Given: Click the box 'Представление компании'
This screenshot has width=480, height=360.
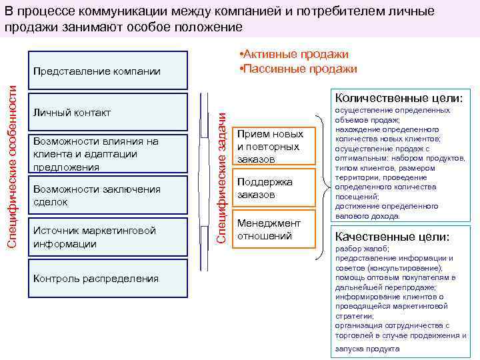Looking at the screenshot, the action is [107, 71].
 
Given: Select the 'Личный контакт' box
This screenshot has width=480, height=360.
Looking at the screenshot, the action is [107, 112].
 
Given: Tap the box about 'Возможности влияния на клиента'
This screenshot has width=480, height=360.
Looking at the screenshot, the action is [107, 154].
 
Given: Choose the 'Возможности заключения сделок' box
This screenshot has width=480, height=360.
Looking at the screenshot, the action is [107, 195].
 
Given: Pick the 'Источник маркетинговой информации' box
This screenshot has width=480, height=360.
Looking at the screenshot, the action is [107, 237].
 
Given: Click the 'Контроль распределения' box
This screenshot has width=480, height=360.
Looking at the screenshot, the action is [107, 279].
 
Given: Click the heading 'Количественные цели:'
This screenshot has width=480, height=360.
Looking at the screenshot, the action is [398, 98].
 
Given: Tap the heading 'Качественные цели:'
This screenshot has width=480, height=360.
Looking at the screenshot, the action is [392, 237].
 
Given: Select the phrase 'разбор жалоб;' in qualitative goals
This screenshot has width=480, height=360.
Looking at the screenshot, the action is [357, 249].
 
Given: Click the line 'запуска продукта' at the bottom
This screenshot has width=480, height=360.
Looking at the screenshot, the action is [367, 349].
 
